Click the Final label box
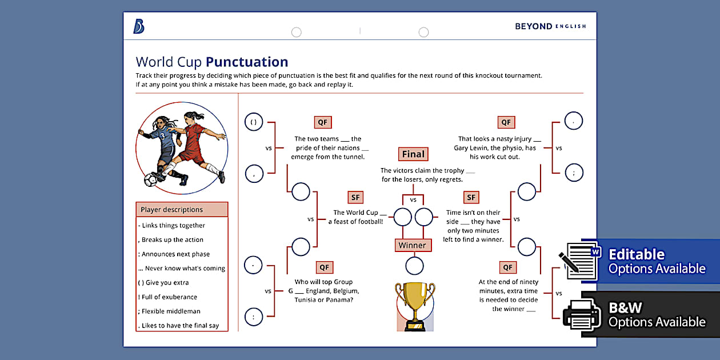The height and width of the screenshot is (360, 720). (x=413, y=154)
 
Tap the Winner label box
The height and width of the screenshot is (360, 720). (x=412, y=245)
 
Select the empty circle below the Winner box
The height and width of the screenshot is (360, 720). (x=414, y=266)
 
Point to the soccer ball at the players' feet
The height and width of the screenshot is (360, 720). (x=151, y=179)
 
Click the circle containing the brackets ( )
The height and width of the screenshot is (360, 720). (x=254, y=122)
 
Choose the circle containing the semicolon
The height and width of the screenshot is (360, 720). (x=573, y=172)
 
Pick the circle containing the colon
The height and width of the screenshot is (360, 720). (x=254, y=316)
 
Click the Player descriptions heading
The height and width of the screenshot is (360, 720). (x=182, y=210)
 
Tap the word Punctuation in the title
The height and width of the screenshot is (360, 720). (x=247, y=62)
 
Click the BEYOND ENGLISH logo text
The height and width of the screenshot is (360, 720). (x=550, y=26)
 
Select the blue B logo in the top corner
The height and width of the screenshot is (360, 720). (x=139, y=26)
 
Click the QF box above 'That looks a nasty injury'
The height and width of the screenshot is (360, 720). (x=506, y=122)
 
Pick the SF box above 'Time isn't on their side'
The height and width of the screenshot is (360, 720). (x=471, y=198)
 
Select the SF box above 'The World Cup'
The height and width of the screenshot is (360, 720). (x=355, y=198)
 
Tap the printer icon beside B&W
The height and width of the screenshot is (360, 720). (x=581, y=315)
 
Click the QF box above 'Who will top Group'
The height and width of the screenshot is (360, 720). (x=324, y=267)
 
